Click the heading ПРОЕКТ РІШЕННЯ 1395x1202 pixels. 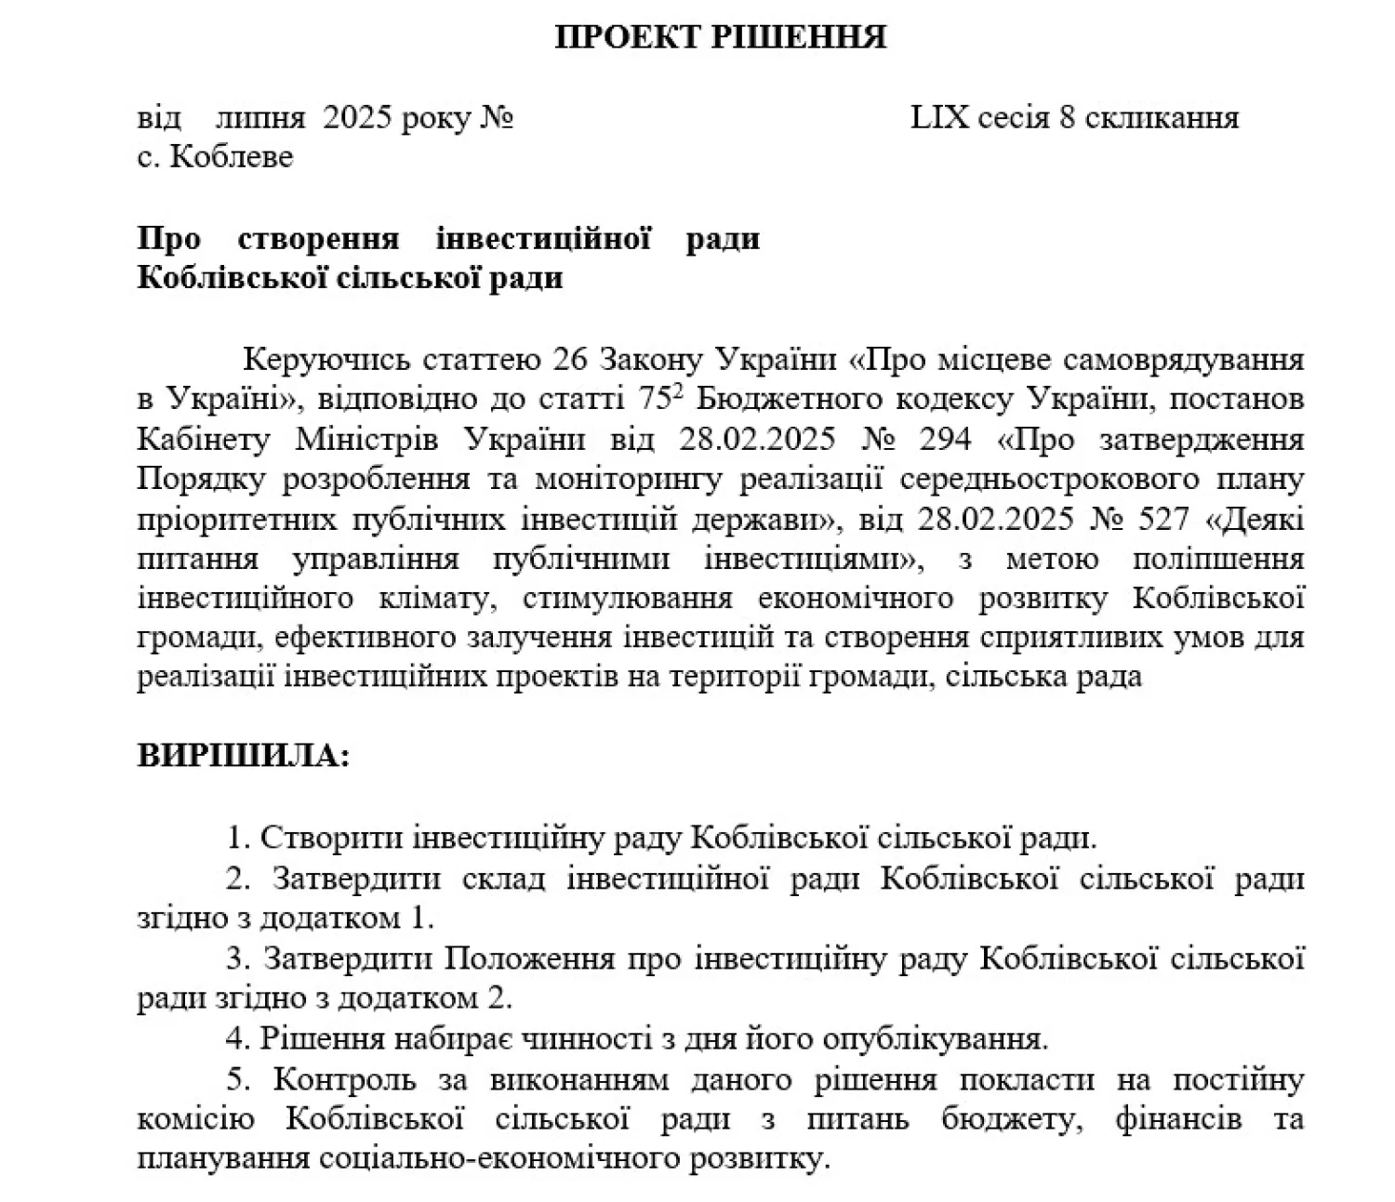pos(720,37)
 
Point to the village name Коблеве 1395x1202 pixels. pos(232,156)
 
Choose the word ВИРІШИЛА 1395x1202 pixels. pos(243,755)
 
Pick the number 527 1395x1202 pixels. pos(1159,519)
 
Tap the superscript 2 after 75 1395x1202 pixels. pos(679,392)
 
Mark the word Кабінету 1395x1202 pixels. pos(204,439)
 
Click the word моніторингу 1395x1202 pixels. pos(641,479)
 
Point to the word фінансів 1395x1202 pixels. pos(1177,1119)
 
